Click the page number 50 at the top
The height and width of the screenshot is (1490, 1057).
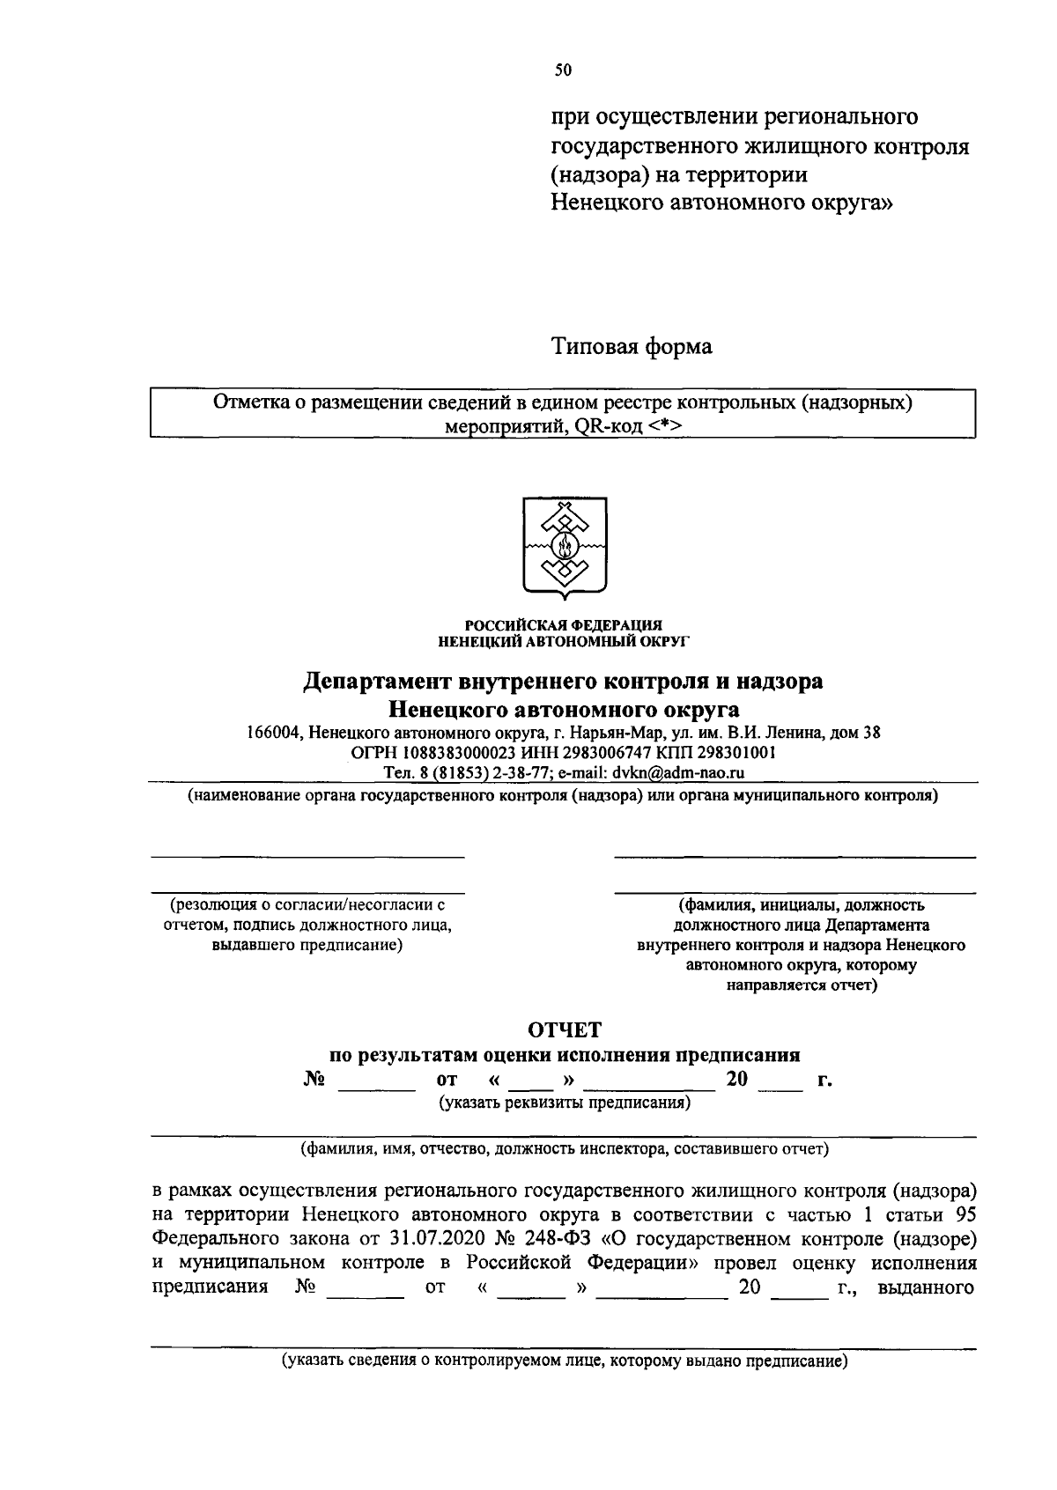[564, 71]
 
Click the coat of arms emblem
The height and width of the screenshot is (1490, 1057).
[564, 545]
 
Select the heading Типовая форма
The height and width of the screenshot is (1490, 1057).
[632, 347]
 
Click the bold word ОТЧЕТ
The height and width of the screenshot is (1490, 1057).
[564, 1029]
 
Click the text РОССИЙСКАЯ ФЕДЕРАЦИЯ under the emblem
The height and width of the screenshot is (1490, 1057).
[564, 624]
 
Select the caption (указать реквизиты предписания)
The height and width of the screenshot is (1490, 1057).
[564, 1103]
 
